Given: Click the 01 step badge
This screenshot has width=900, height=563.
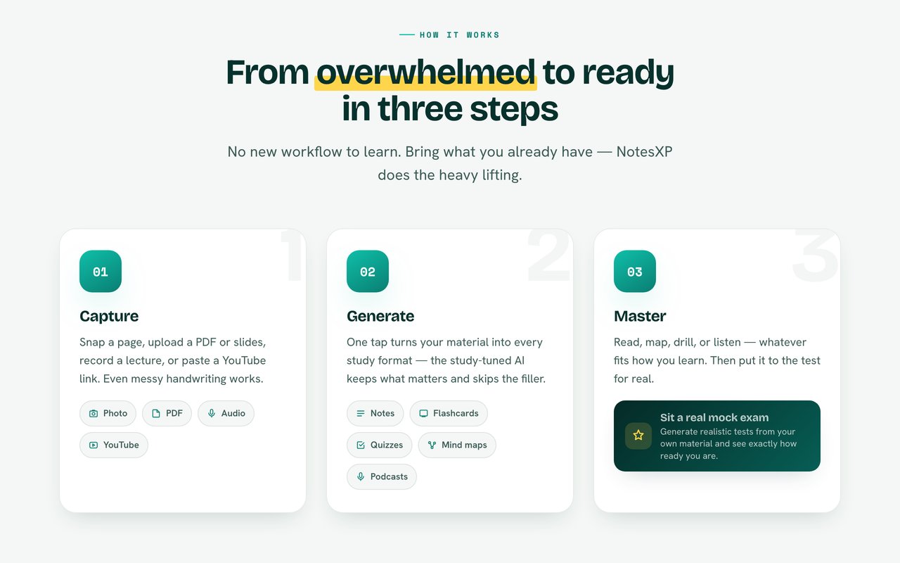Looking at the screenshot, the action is click(x=101, y=272).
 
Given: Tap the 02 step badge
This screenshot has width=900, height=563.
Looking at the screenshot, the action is click(x=368, y=272).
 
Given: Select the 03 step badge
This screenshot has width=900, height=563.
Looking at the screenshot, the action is click(x=635, y=272).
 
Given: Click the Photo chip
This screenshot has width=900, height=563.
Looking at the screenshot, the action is click(x=108, y=413).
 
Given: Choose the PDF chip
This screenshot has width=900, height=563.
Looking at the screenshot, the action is click(x=167, y=413).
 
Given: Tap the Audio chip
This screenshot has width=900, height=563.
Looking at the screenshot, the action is click(x=226, y=413).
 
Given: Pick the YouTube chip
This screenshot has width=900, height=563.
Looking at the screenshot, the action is click(x=114, y=445).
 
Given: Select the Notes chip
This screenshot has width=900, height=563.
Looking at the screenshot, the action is click(x=375, y=413).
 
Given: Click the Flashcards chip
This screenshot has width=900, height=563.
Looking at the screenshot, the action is click(x=449, y=413).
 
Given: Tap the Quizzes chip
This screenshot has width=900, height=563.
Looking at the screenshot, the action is click(x=379, y=445).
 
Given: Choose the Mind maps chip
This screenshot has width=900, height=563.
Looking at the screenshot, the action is click(x=457, y=445).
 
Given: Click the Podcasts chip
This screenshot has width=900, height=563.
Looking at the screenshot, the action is click(x=382, y=477).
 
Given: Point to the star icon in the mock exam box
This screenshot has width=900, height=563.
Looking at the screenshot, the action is click(x=638, y=436).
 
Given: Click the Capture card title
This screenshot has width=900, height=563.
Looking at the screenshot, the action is click(x=109, y=317).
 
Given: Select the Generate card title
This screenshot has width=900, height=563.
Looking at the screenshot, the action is click(x=380, y=317).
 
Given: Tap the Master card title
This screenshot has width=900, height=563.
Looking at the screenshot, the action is click(x=640, y=317).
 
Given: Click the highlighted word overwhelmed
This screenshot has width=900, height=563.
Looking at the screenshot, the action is click(x=426, y=72).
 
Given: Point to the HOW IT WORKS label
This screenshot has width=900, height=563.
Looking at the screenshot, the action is click(x=459, y=35).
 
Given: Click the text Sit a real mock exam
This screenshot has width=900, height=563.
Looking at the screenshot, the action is click(x=714, y=417).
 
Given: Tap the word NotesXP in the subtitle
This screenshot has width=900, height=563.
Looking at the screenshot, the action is click(x=645, y=151).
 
